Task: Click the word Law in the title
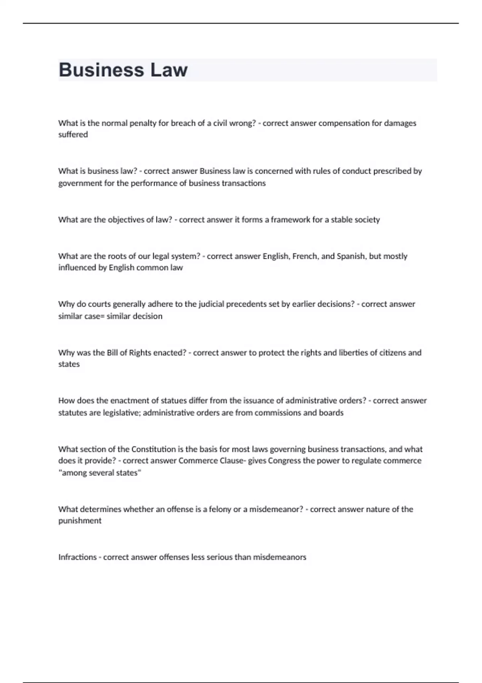169,70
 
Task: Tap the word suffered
73,135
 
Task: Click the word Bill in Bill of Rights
112,353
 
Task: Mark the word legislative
120,413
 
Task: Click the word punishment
80,521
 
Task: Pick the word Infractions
78,557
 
